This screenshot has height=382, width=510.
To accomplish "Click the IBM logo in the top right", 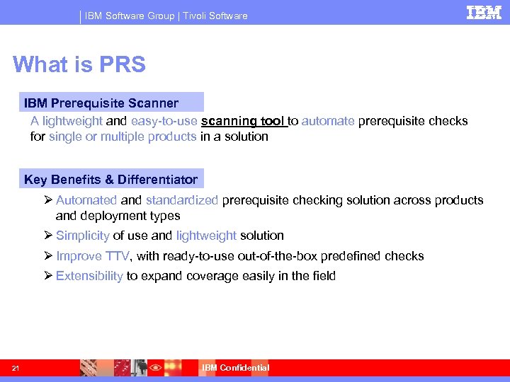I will [x=484, y=13].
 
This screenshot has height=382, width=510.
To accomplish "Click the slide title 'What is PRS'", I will [x=79, y=64].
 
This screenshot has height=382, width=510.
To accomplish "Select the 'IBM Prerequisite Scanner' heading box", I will [x=101, y=103].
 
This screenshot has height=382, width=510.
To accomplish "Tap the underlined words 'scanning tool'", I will [x=243, y=121].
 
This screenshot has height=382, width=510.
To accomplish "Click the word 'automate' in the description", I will [x=328, y=121].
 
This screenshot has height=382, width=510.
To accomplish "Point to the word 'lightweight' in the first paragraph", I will [x=72, y=121].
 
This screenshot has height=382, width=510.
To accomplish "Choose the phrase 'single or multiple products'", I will [x=123, y=137].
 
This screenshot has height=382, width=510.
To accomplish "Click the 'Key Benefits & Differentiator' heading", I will [x=110, y=179].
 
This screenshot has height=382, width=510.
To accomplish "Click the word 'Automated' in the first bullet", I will [x=86, y=200].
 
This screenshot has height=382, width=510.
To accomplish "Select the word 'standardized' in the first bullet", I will [x=182, y=200].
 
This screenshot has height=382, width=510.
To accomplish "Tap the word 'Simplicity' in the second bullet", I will [x=82, y=236].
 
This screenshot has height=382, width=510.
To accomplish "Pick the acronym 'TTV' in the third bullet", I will [x=117, y=256].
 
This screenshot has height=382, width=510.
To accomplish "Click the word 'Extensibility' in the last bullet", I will [x=89, y=276].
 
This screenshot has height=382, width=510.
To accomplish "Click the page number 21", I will [x=15, y=368].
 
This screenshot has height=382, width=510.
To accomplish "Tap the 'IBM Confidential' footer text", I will [x=235, y=368].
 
